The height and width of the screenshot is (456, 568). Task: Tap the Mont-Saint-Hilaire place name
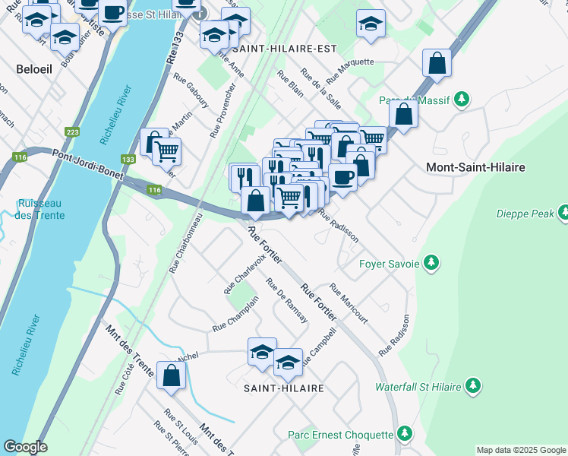click(x=476, y=167)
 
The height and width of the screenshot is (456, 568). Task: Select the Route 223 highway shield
click(x=73, y=131)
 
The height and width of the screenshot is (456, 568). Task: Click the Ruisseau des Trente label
click(x=42, y=209)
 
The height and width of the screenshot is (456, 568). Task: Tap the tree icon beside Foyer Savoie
click(x=431, y=263)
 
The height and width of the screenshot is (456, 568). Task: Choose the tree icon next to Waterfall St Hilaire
click(x=473, y=386)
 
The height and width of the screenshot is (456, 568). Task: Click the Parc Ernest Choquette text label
click(x=340, y=435)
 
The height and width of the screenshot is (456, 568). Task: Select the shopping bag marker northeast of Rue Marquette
click(x=437, y=64)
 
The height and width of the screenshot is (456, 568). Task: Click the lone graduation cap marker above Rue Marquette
click(x=371, y=24)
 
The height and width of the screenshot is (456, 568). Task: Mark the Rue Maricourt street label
click(x=349, y=304)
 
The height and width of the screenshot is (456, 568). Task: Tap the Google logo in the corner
click(x=25, y=447)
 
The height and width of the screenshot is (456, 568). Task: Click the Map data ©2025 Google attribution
click(x=520, y=450)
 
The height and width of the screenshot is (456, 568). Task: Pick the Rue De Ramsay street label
click(x=286, y=300)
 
